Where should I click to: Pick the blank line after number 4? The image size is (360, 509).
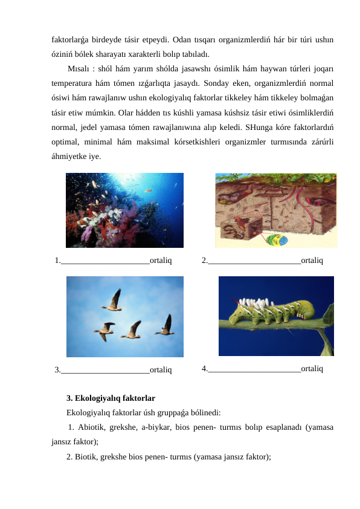pyautogui.click(x=254, y=368)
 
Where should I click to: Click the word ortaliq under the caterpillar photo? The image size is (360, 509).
pyautogui.click(x=311, y=368)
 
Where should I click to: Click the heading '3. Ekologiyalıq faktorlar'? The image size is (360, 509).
pyautogui.click(x=111, y=398)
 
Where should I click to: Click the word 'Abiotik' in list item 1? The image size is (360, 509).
pyautogui.click(x=93, y=428)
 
